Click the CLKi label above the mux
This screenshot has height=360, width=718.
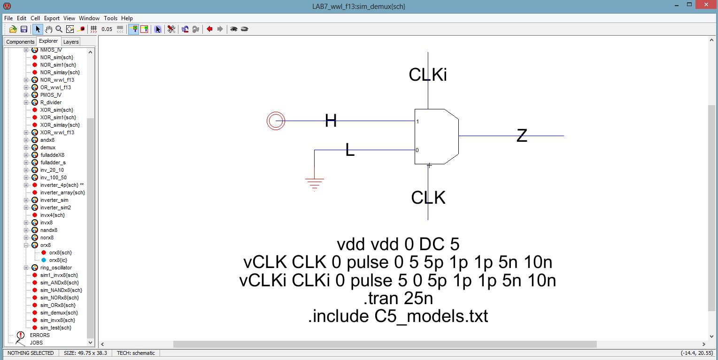click(427, 75)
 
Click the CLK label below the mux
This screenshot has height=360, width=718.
click(428, 198)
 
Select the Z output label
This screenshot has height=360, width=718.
click(522, 136)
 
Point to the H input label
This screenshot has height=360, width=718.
click(331, 121)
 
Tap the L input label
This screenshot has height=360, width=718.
click(350, 150)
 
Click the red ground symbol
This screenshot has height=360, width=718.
click(314, 184)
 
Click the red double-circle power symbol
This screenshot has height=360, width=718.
click(276, 121)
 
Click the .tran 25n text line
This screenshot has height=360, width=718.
click(398, 299)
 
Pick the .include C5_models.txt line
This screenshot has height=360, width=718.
click(398, 316)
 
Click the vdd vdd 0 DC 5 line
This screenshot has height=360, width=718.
click(398, 245)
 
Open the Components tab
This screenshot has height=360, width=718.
click(20, 42)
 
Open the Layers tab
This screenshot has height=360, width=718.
click(71, 42)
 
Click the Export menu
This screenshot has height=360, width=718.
click(52, 18)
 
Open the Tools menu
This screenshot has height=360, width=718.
click(110, 18)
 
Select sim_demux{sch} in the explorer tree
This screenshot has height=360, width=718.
click(59, 313)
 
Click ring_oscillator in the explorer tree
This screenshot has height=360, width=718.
click(56, 268)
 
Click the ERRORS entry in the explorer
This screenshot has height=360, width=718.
click(39, 335)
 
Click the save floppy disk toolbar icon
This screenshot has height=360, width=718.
click(23, 29)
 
